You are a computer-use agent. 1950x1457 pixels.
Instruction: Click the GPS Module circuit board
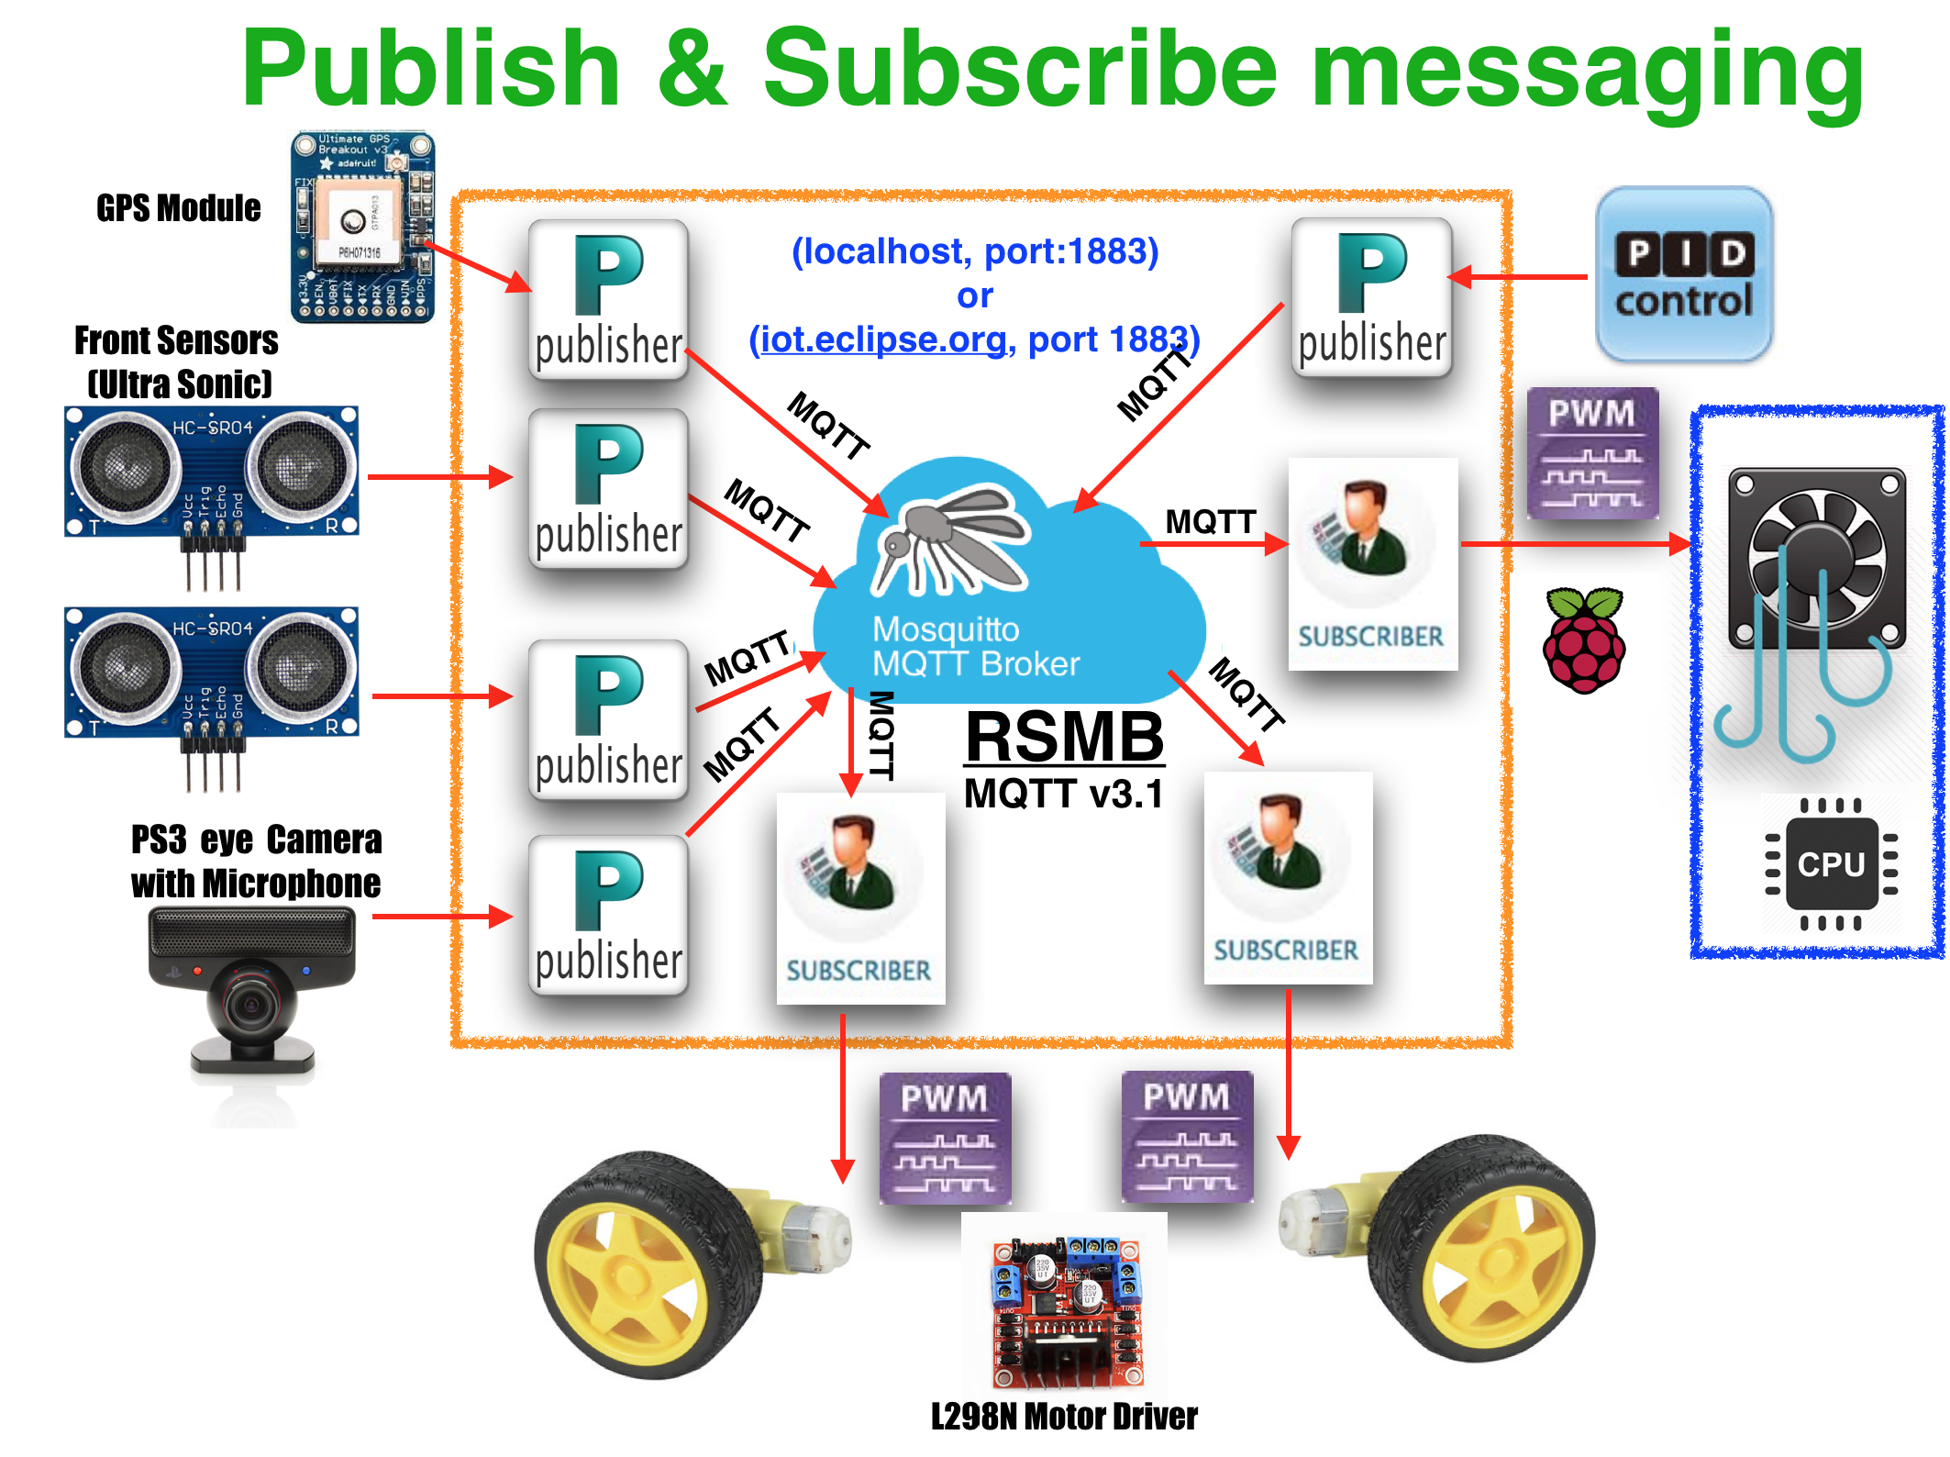[x=362, y=227]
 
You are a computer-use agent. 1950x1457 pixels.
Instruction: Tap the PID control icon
[x=1684, y=275]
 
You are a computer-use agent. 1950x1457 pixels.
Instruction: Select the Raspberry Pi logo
[x=1584, y=640]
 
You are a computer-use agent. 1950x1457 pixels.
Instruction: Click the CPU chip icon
[x=1831, y=863]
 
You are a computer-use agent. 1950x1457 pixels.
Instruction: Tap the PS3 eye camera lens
[x=249, y=1004]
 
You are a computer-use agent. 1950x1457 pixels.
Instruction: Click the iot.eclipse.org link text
[x=882, y=339]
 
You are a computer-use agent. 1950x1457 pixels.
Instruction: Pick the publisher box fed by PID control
[x=1371, y=298]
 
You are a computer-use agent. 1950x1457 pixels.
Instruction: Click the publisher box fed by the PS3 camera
[x=608, y=916]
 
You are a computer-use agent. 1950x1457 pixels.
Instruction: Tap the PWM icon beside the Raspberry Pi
[x=1592, y=452]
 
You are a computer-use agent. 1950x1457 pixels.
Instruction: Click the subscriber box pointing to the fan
[x=1372, y=563]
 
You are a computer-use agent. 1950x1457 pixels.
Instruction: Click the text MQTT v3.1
[x=1063, y=794]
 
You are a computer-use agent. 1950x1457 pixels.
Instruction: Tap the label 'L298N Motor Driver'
[x=1064, y=1416]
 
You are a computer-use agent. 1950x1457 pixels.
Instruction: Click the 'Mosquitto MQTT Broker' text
[x=975, y=646]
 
